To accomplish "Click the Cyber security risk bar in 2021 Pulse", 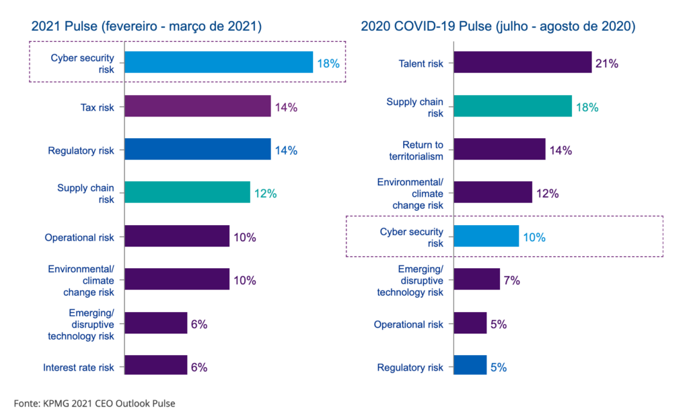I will pyautogui.click(x=219, y=62).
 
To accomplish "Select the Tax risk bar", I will pyautogui.click(x=198, y=106).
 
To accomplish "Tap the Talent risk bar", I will pyautogui.click(x=523, y=63).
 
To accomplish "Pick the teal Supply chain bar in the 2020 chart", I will pyautogui.click(x=513, y=106).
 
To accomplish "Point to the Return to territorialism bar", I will pyautogui.click(x=500, y=150).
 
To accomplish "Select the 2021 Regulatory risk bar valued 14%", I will pyautogui.click(x=198, y=150).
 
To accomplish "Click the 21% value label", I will pyautogui.click(x=606, y=64).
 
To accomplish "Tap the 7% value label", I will pyautogui.click(x=511, y=280).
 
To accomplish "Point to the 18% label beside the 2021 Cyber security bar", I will pyautogui.click(x=328, y=64).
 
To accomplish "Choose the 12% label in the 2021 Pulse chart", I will pyautogui.click(x=265, y=193).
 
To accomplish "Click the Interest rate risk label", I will pyautogui.click(x=79, y=367).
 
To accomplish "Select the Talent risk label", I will pyautogui.click(x=421, y=64).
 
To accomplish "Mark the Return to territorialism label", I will pyautogui.click(x=423, y=150).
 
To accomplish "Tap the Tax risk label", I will pyautogui.click(x=96, y=106).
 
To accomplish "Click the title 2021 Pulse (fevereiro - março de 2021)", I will pyautogui.click(x=146, y=26).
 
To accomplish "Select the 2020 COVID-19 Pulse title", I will pyautogui.click(x=498, y=26).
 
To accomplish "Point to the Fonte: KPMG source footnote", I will pyautogui.click(x=94, y=403).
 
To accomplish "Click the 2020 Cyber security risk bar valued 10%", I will pyautogui.click(x=486, y=237).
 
